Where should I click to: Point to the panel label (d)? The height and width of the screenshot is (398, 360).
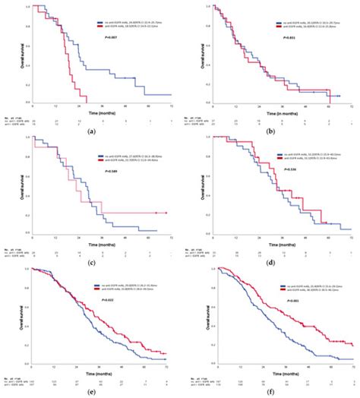click(x=272, y=261)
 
